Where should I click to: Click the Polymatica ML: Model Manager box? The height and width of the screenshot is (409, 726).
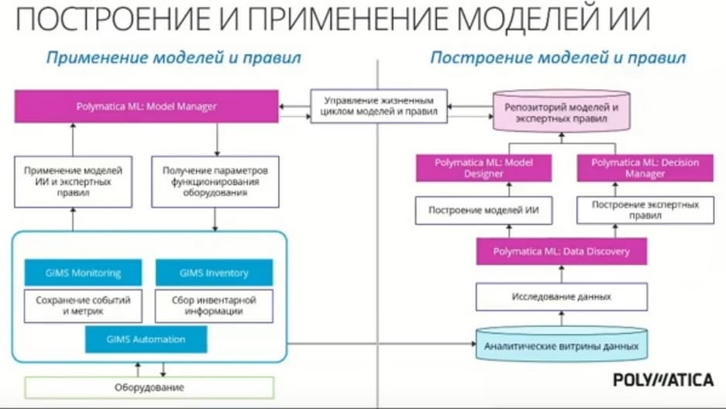[x=146, y=106]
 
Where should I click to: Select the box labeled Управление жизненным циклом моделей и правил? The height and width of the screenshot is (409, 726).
[x=379, y=106]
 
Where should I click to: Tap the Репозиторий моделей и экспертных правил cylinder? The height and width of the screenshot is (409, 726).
[x=561, y=112]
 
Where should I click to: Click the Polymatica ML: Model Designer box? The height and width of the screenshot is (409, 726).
[x=483, y=168]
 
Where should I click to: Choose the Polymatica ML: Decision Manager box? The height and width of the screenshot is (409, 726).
[x=645, y=168]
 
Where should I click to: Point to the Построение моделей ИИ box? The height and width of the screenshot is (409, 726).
[x=483, y=211]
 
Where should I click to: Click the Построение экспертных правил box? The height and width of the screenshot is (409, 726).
[x=645, y=211]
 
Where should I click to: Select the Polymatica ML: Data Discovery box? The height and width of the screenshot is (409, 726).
[x=562, y=251]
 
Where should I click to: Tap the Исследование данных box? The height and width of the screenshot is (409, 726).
[x=562, y=297]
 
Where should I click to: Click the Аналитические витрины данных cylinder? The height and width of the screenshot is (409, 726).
[x=561, y=345]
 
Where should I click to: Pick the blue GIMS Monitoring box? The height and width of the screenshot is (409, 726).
[x=84, y=273]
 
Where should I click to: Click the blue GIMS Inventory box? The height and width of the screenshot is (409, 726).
[x=215, y=273]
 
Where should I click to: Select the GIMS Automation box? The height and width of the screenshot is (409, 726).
[x=146, y=339]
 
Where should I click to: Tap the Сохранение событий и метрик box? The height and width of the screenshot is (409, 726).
[x=84, y=306]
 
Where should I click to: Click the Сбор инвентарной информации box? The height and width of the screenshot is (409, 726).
[x=215, y=306]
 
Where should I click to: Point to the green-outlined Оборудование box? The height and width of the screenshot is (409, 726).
[x=149, y=387]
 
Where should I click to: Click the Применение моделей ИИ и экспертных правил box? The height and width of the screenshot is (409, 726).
[x=73, y=182]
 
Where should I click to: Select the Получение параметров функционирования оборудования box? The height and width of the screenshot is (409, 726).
[x=215, y=182]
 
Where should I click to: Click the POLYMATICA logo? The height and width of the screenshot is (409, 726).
[x=663, y=380]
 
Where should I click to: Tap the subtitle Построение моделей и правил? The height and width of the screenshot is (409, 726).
[x=558, y=58]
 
